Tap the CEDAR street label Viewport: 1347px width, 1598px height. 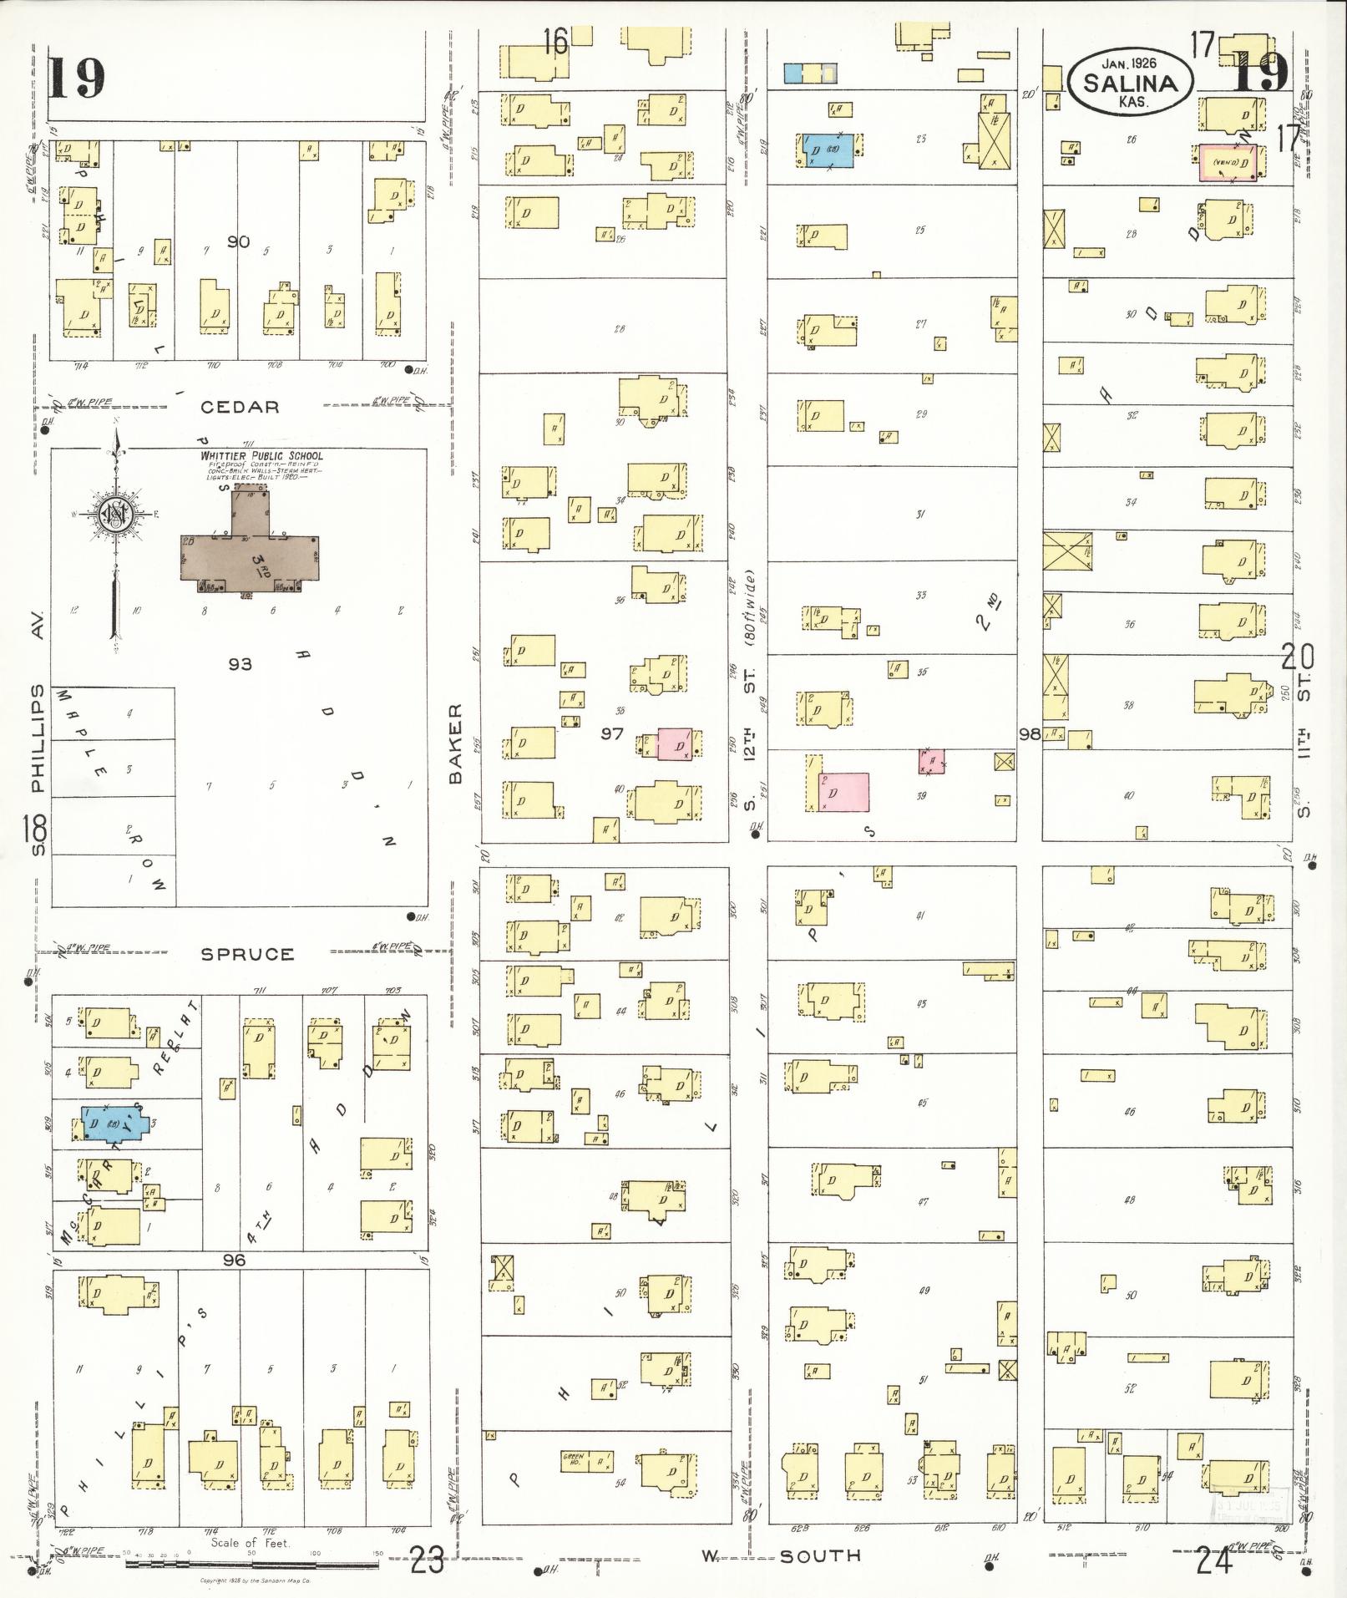239,407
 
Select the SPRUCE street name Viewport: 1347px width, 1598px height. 247,954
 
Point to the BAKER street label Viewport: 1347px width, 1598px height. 455,743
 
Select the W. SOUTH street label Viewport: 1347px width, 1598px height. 783,1555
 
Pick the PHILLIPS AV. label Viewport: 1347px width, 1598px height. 37,710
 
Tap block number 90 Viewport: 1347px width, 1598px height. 239,241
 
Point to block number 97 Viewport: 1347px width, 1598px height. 612,733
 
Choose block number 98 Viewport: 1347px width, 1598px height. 1030,734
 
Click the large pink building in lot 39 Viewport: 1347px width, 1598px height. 844,791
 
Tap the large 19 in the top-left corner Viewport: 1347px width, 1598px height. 77,77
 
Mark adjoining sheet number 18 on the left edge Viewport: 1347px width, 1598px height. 36,830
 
